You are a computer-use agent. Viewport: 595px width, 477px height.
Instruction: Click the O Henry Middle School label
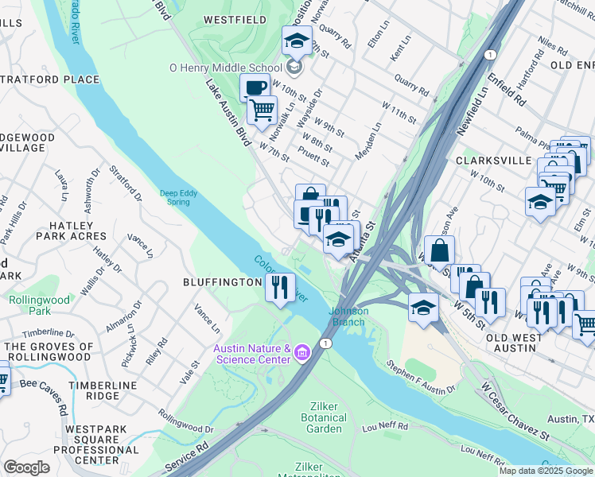pos(225,68)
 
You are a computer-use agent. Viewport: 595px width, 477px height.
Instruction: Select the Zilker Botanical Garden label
pos(324,417)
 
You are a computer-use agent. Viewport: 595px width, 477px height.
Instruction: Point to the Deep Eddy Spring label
pos(174,196)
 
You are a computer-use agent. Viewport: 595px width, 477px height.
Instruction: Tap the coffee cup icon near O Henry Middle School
pos(255,87)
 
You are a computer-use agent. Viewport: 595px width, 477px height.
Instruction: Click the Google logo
pos(27,467)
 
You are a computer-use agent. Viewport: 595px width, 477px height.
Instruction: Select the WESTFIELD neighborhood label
pos(234,18)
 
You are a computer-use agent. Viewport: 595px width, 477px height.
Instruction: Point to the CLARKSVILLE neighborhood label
pos(493,160)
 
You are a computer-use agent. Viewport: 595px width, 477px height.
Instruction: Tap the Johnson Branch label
pos(348,316)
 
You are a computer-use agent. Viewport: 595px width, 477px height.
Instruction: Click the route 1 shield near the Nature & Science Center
pos(325,343)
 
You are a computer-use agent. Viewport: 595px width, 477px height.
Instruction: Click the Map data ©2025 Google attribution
pos(546,470)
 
